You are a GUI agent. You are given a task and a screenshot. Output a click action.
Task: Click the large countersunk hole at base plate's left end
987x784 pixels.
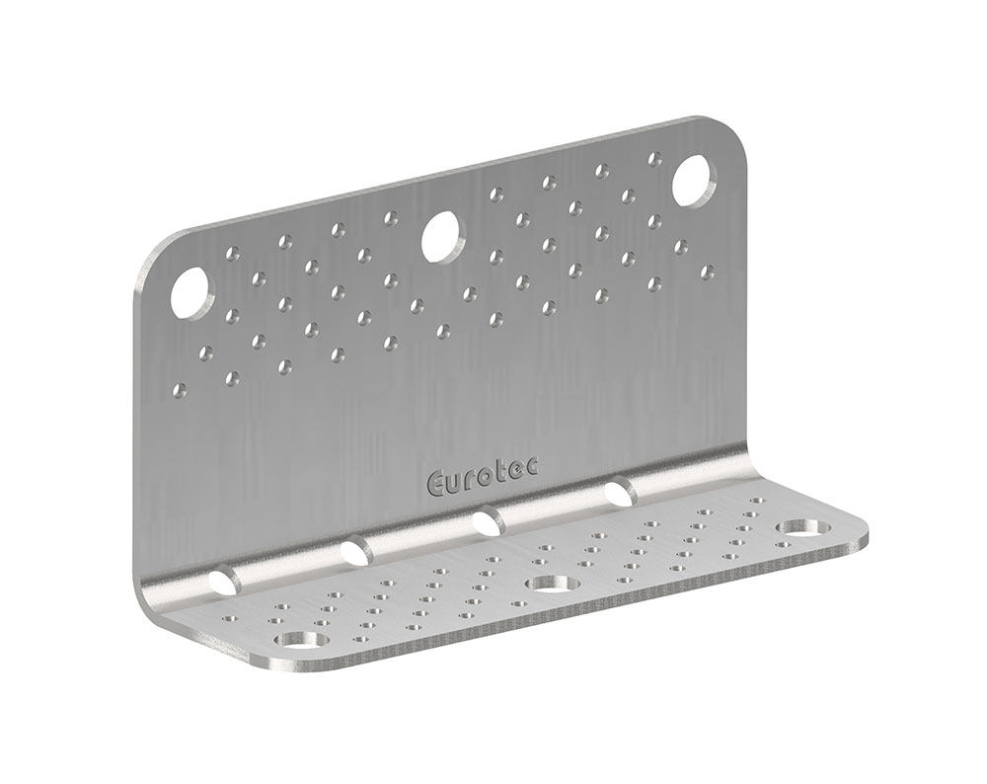[x=300, y=642]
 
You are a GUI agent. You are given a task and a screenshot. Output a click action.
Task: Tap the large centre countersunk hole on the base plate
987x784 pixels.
[x=550, y=584]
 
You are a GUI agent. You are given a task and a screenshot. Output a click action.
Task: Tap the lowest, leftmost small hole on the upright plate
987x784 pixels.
[x=180, y=389]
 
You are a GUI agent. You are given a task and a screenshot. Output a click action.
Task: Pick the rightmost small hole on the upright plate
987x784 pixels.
[x=706, y=269]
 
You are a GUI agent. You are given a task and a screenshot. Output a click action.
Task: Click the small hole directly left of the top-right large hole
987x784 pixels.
[x=652, y=156]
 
